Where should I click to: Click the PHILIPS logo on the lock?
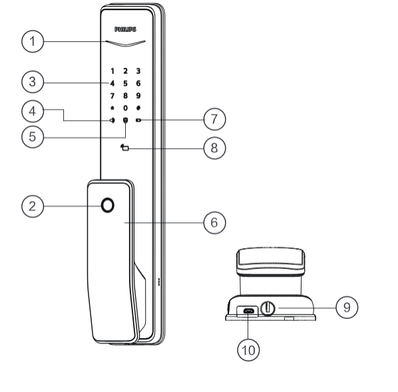(125, 29)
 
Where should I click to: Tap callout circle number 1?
(33, 41)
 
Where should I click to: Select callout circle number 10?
(248, 350)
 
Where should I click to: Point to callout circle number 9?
(347, 308)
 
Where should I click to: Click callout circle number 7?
(214, 119)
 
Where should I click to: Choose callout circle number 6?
(214, 223)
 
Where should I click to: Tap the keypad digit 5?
(125, 83)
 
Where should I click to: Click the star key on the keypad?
(112, 108)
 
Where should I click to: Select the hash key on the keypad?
(138, 108)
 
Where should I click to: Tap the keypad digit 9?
(138, 96)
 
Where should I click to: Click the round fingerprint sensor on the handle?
(108, 205)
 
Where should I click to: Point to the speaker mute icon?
(112, 120)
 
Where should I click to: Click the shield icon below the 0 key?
(125, 120)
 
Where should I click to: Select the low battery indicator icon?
(138, 120)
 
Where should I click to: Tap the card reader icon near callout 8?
(124, 147)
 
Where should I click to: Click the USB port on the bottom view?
(249, 311)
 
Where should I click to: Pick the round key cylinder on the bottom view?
(268, 308)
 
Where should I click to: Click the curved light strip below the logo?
(126, 43)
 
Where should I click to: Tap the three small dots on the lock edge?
(159, 282)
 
